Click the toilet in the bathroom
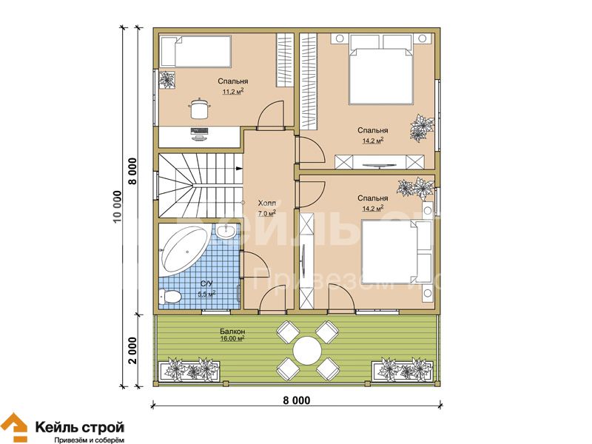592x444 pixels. point(169,297)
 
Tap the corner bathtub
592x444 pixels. point(184,249)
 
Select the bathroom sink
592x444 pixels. point(226,231)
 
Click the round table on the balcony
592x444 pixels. point(307,350)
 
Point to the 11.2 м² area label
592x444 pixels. point(232,91)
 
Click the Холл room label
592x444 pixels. point(266,203)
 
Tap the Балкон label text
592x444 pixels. point(232,331)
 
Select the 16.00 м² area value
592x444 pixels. point(232,339)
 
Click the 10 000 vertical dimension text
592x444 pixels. point(118,207)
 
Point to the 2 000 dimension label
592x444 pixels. point(132,350)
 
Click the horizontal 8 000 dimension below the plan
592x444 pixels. point(297,400)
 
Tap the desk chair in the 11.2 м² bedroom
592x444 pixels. point(199,109)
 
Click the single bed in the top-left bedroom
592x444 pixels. point(195,51)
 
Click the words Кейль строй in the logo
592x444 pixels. point(80,428)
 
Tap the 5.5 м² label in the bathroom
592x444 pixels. point(206,294)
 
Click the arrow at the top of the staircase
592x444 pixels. point(239,168)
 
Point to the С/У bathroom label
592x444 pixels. point(206,283)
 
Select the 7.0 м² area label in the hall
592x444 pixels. point(266,213)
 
